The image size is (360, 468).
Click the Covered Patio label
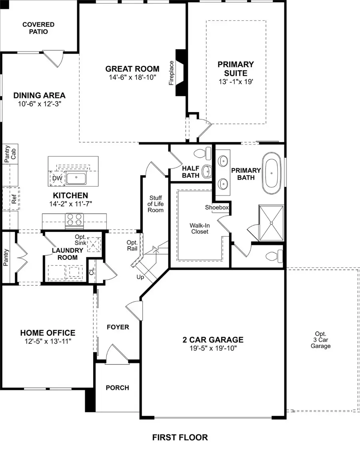pyautogui.click(x=38, y=28)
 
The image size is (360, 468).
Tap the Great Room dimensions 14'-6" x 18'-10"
pyautogui.click(x=132, y=78)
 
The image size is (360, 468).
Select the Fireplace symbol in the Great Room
pyautogui.click(x=181, y=72)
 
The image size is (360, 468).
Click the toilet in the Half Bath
pyautogui.click(x=201, y=153)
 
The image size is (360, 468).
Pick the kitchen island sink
pyautogui.click(x=76, y=179)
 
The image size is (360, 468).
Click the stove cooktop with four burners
pyautogui.click(x=74, y=220)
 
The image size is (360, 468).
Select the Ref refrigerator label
pyautogui.click(x=14, y=199)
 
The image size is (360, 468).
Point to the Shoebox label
pyautogui.click(x=217, y=207)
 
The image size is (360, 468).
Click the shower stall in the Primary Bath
pyautogui.click(x=271, y=223)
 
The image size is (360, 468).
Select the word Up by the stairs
pyautogui.click(x=140, y=276)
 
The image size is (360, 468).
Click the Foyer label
pyautogui.click(x=118, y=327)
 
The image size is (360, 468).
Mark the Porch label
pyautogui.click(x=117, y=388)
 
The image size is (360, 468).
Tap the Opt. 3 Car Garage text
pyautogui.click(x=320, y=340)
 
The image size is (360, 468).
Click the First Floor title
pyautogui.click(x=180, y=437)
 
